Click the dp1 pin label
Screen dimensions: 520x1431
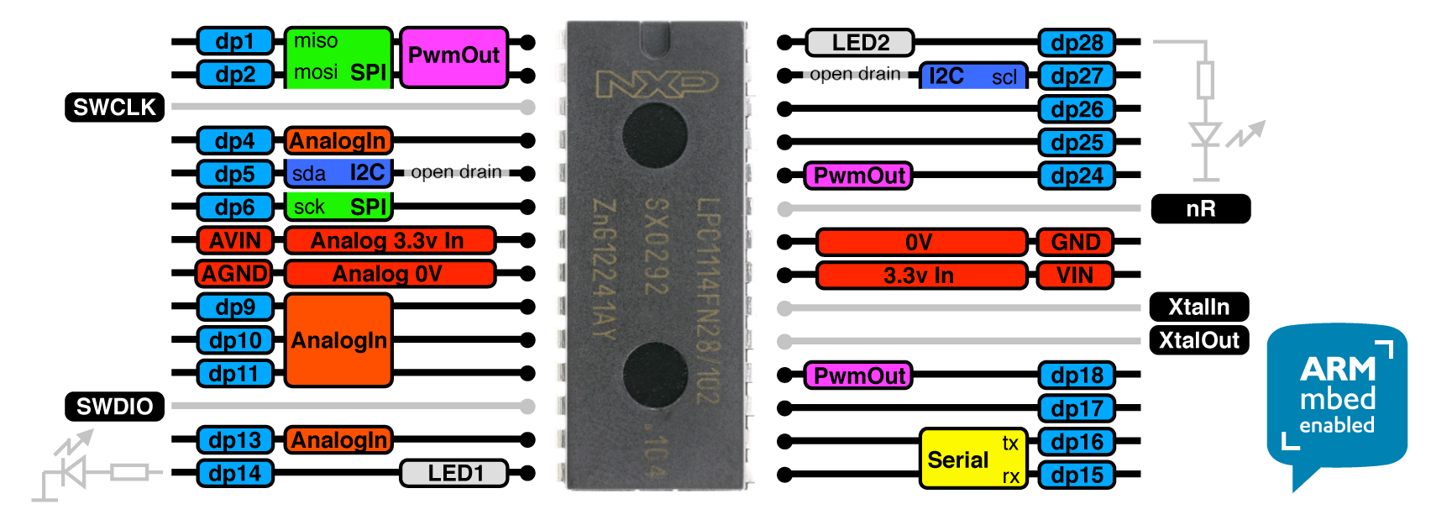click(235, 41)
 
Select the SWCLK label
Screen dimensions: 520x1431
click(114, 108)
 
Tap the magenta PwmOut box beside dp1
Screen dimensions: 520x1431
click(453, 56)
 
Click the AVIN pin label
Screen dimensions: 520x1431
click(235, 240)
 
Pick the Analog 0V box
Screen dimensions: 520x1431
click(389, 274)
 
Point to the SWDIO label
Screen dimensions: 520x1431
click(114, 407)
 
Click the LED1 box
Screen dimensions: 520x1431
click(454, 473)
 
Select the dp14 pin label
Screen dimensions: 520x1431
click(235, 473)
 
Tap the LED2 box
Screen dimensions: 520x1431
click(859, 42)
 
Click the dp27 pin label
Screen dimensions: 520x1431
click(1077, 76)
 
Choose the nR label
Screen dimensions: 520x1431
click(1200, 208)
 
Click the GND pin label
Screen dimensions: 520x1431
click(1075, 242)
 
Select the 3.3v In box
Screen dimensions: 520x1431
click(920, 276)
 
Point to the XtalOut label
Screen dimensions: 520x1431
click(1198, 340)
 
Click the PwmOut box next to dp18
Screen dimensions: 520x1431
click(858, 376)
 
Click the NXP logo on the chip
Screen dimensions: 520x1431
click(656, 83)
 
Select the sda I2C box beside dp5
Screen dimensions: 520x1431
click(338, 173)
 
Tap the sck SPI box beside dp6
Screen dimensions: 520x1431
click(338, 207)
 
